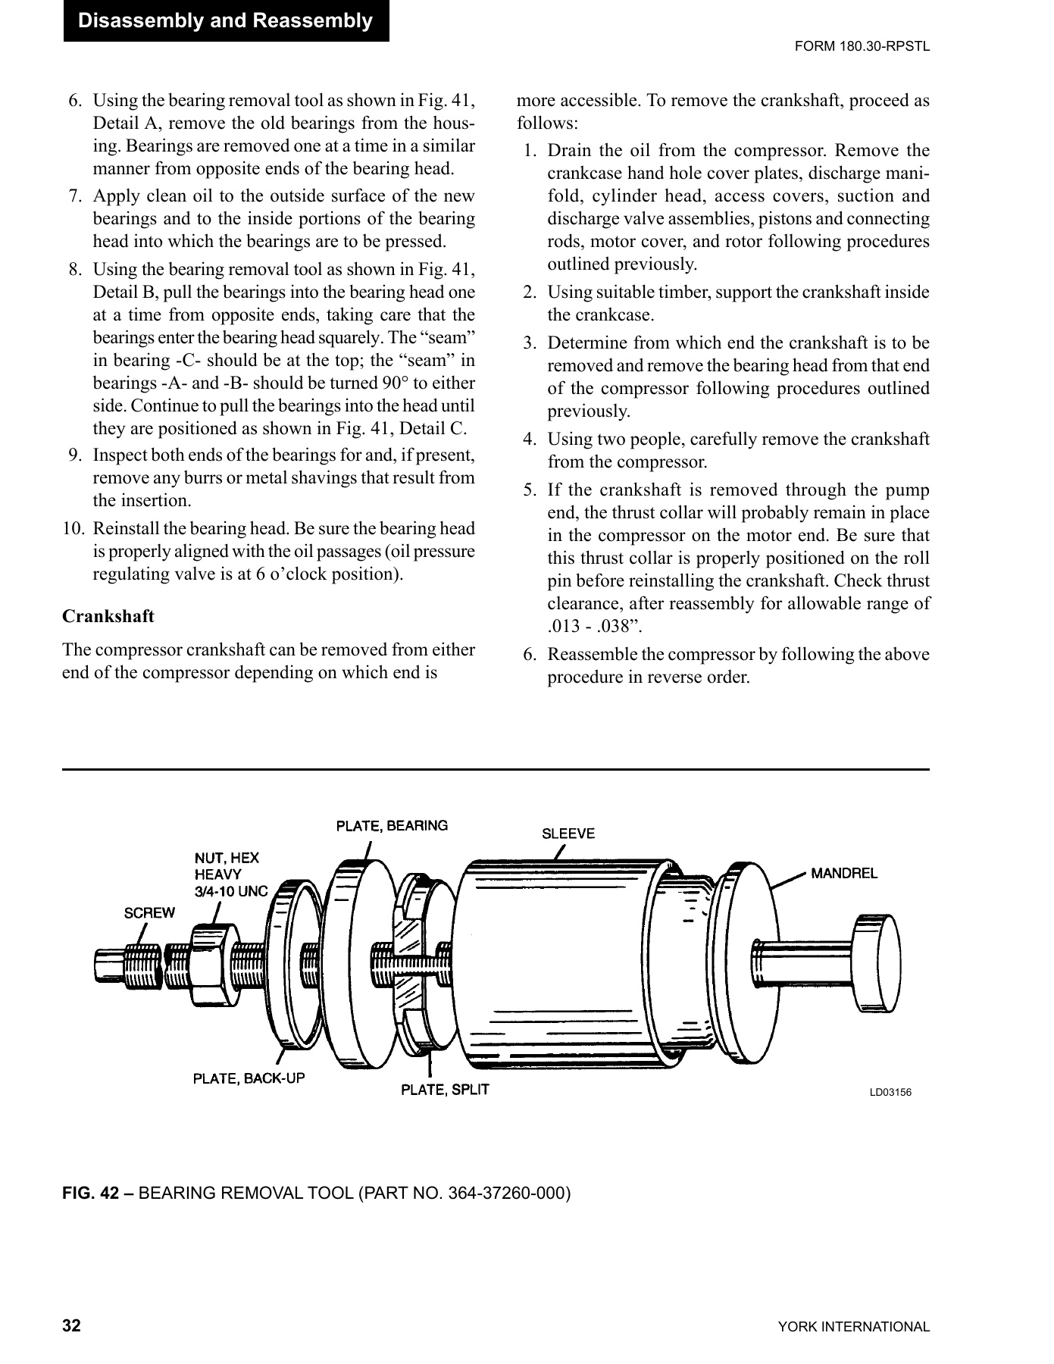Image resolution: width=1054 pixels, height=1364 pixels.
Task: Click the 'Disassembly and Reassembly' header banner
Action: pos(226,20)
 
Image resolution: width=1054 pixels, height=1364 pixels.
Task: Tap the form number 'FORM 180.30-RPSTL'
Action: pos(862,46)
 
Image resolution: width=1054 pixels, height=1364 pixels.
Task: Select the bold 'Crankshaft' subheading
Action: pos(108,616)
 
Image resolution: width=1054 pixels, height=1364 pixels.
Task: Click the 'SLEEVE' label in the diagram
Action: pos(568,834)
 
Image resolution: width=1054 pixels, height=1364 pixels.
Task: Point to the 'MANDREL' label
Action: pos(844,873)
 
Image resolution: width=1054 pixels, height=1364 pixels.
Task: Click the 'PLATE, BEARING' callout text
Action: pos(392,825)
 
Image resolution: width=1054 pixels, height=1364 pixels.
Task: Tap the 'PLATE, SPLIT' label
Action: pos(445,1090)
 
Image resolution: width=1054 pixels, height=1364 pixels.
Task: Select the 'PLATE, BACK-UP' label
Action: pos(249,1078)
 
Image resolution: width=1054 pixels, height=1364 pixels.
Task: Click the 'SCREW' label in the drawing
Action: pos(149,912)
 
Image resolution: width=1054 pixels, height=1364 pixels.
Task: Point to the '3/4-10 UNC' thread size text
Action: pos(231,891)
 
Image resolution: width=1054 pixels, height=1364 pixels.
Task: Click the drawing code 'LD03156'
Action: pos(890,1092)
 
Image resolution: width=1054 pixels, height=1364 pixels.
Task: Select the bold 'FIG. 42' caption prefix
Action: pos(98,1193)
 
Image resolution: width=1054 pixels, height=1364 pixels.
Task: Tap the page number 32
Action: pos(71,1326)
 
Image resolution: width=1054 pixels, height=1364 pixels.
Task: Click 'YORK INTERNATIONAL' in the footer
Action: pos(853,1327)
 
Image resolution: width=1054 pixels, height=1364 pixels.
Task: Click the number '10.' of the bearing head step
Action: pos(73,528)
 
